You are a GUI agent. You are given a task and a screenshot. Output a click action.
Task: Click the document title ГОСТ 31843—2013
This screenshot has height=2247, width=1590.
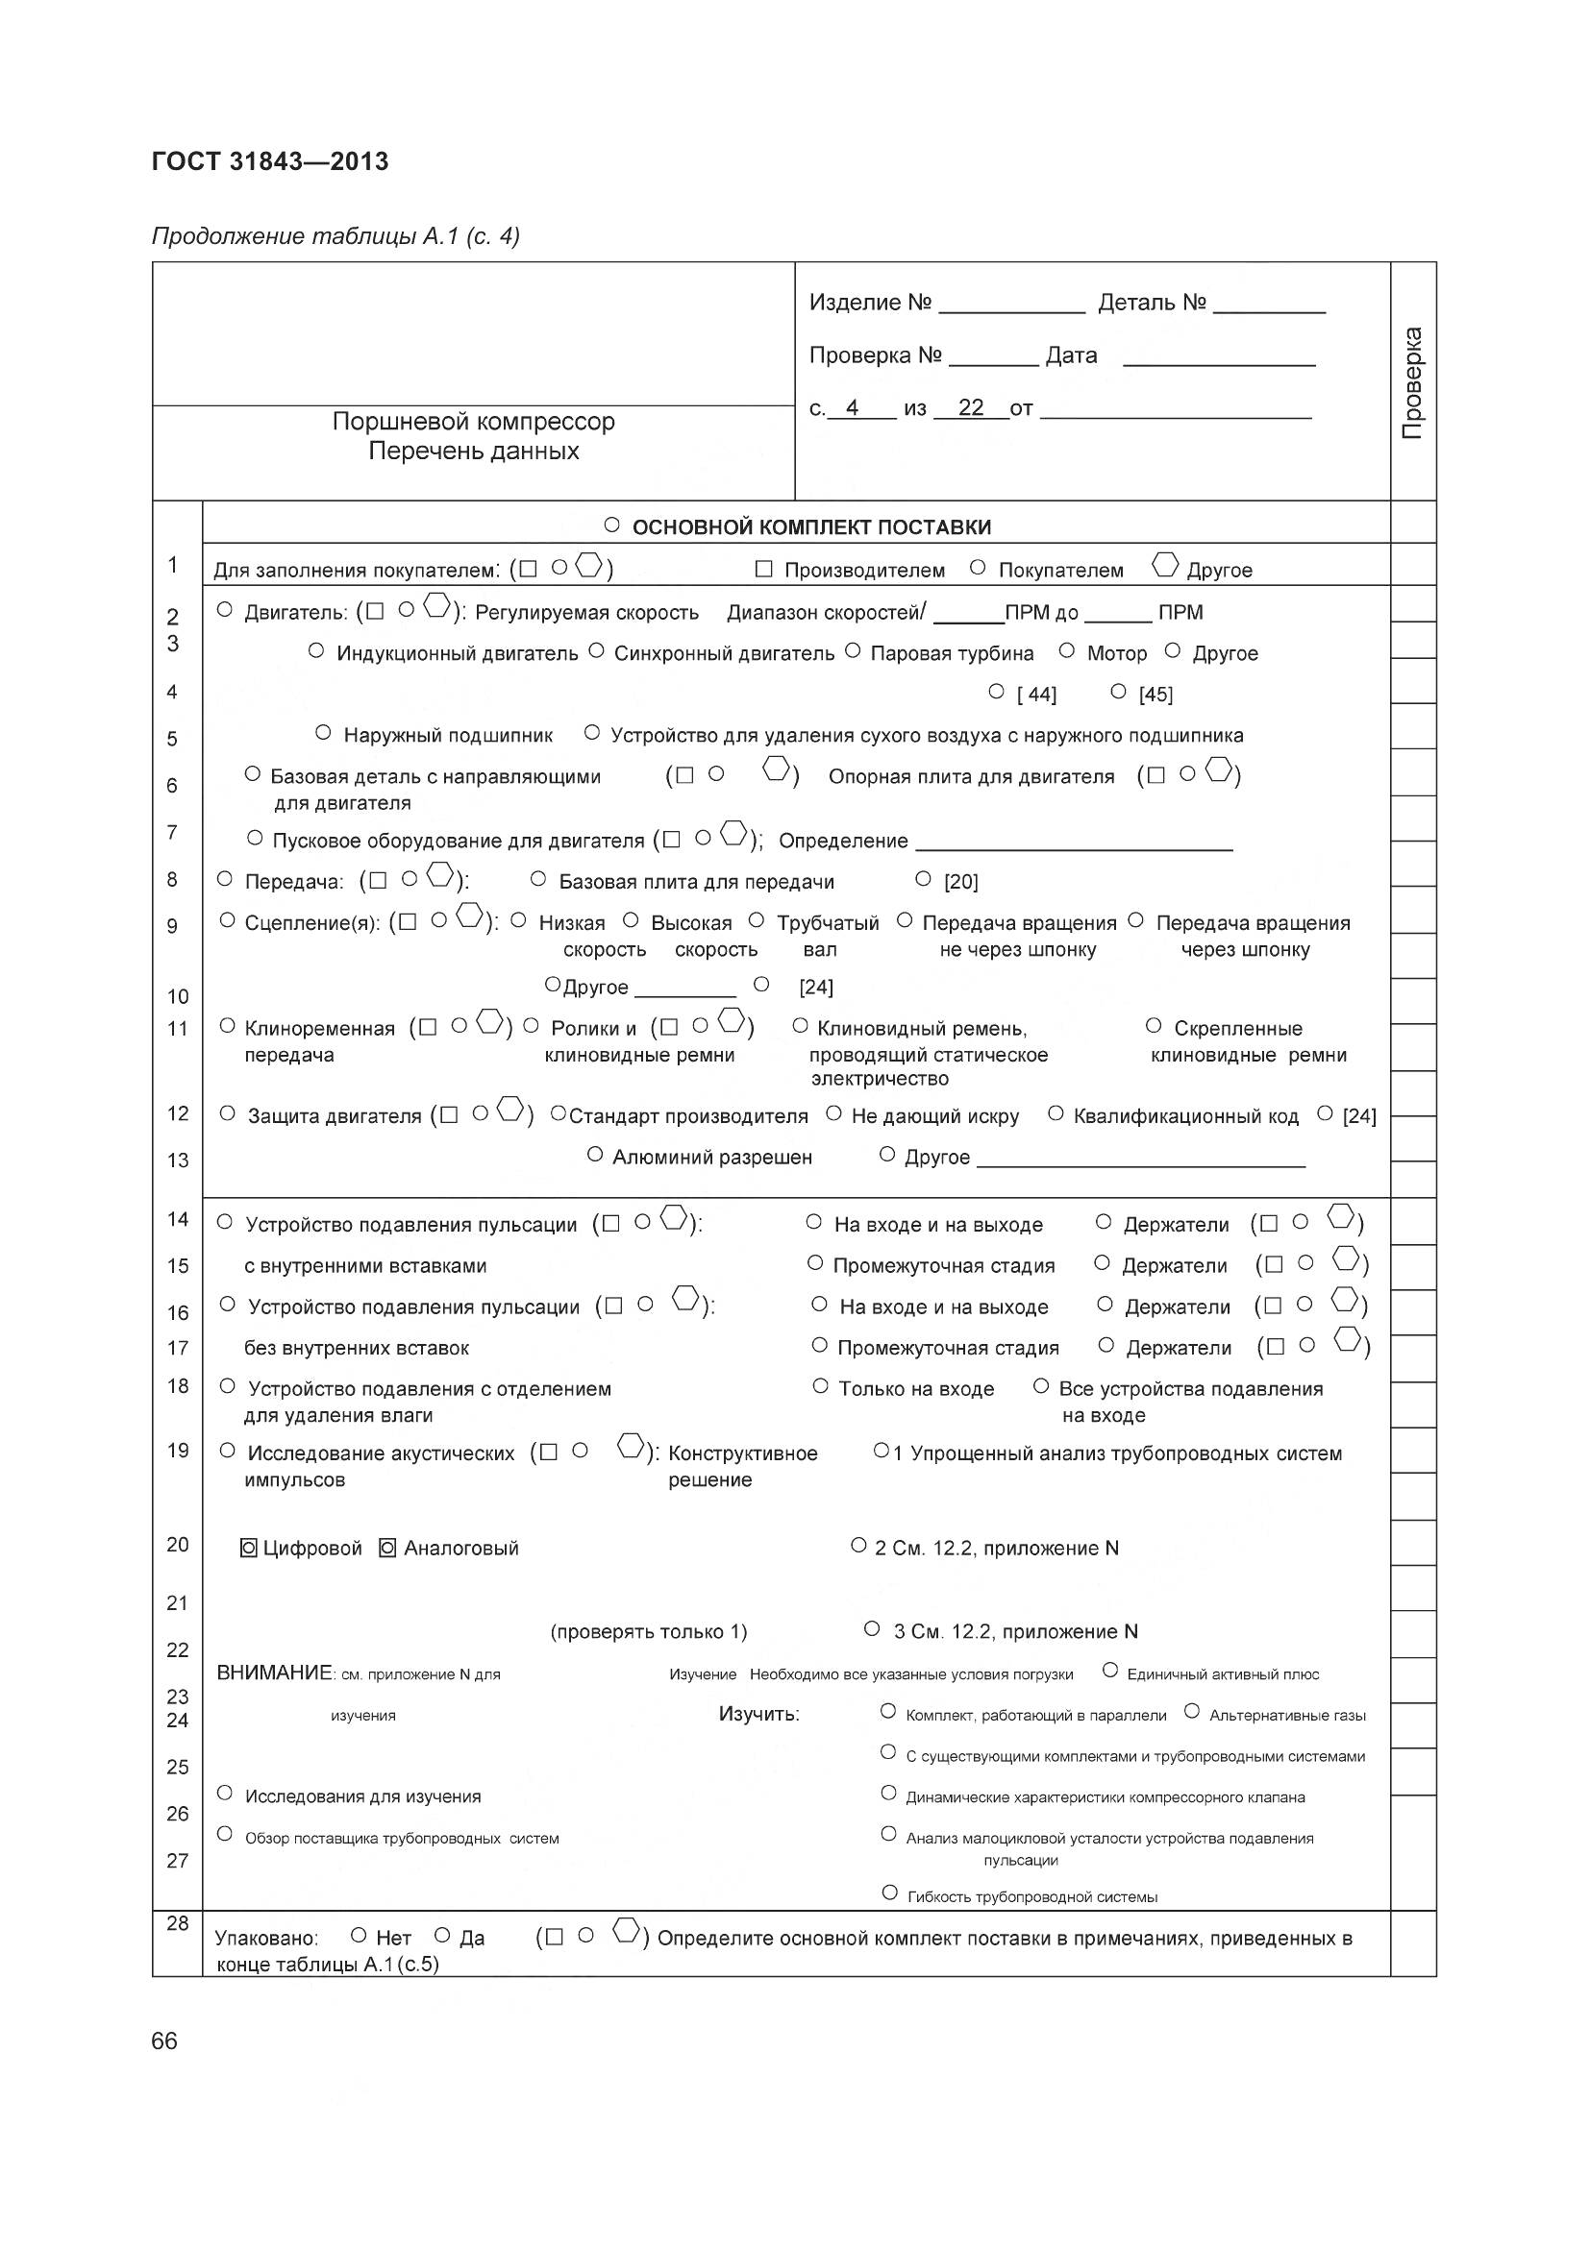click(x=270, y=161)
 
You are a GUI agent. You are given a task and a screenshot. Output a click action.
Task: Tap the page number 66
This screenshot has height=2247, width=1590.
click(x=164, y=2040)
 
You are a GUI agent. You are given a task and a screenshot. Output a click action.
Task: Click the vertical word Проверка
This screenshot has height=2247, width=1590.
click(x=1412, y=382)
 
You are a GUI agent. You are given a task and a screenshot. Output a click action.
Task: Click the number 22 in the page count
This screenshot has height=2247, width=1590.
click(x=970, y=408)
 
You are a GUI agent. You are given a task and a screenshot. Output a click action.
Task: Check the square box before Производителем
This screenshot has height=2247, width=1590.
click(x=764, y=569)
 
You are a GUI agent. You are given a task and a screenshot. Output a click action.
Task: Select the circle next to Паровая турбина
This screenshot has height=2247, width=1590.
click(x=852, y=650)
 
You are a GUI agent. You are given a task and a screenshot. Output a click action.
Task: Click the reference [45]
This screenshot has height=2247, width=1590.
click(x=1155, y=694)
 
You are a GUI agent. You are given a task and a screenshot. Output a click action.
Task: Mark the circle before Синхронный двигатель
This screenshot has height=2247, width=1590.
click(x=596, y=650)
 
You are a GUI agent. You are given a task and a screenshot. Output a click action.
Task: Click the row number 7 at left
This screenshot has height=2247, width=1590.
click(x=172, y=832)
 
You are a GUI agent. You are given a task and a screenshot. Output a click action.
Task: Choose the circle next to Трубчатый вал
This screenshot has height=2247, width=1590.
click(x=756, y=920)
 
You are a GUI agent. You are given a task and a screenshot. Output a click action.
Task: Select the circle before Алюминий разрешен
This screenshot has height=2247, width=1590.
click(x=594, y=1155)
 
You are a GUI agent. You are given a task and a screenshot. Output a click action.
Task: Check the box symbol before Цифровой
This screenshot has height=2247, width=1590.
click(x=249, y=1548)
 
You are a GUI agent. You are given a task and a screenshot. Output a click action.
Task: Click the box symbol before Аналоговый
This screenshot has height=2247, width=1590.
click(x=387, y=1548)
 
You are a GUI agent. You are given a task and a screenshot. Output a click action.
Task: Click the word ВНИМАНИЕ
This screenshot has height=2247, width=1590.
click(x=274, y=1673)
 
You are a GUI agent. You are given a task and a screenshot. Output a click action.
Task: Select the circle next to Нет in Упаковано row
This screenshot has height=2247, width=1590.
click(x=359, y=1935)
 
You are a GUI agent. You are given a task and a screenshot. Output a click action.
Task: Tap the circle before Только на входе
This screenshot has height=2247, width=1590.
click(x=820, y=1386)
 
